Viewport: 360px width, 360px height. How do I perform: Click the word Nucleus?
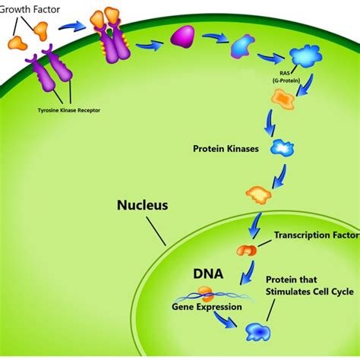pyautogui.click(x=142, y=205)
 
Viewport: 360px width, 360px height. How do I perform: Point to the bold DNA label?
pyautogui.click(x=207, y=270)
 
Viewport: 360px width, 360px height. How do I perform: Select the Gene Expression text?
pyautogui.click(x=207, y=307)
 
